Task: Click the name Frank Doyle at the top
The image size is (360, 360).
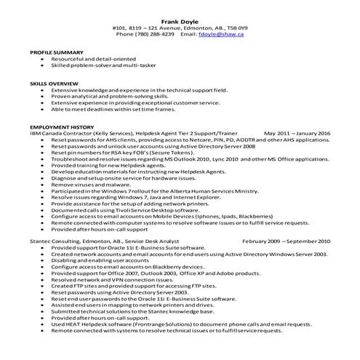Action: (180, 22)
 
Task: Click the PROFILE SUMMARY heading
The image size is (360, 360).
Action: (56, 53)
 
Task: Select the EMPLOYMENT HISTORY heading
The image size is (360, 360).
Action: (60, 126)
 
